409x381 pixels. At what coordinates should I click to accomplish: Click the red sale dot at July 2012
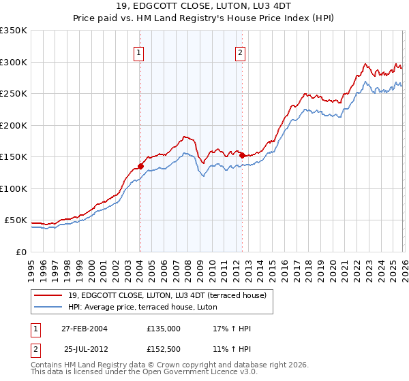point(242,155)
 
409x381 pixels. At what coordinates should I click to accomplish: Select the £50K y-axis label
point(16,220)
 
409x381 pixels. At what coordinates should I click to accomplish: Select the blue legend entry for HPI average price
point(142,307)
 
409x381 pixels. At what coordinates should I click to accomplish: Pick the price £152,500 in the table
point(164,348)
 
